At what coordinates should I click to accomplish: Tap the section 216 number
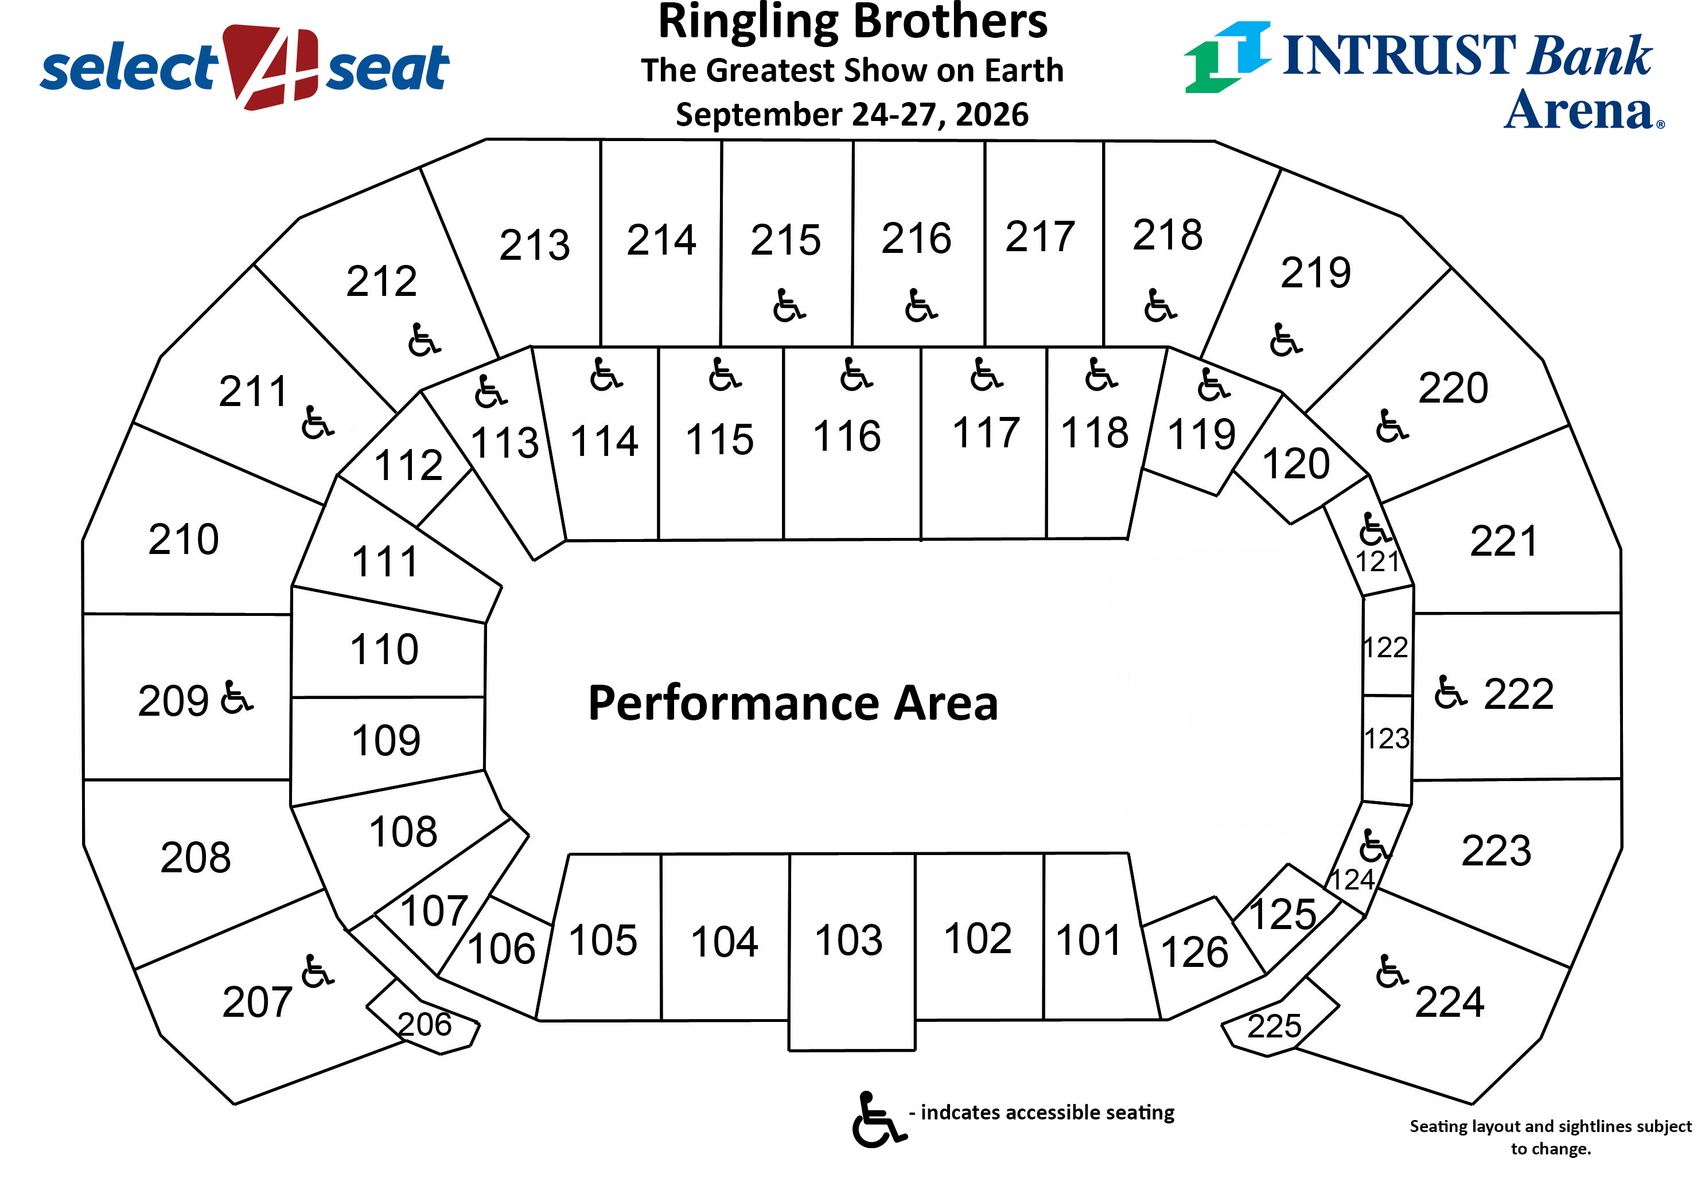tap(916, 239)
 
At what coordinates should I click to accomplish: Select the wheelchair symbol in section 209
tap(237, 697)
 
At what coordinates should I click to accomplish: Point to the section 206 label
tap(424, 1025)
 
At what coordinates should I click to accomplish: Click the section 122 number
tap(1385, 647)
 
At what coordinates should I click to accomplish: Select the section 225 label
tap(1274, 1026)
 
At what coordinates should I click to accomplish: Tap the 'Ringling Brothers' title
tap(853, 22)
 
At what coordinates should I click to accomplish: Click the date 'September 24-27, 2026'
tap(852, 114)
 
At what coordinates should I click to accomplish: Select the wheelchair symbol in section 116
tap(855, 374)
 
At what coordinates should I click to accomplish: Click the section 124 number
tap(1352, 880)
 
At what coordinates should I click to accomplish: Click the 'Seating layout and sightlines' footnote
tap(1551, 1137)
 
